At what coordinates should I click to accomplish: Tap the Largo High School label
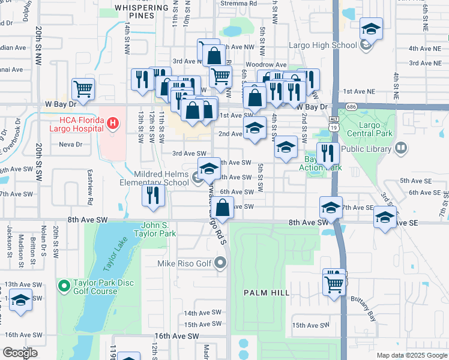pos(323,45)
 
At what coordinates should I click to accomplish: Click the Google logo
pos(20,353)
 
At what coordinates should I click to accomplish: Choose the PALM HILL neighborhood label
pos(267,293)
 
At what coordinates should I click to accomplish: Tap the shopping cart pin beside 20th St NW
pos(83,89)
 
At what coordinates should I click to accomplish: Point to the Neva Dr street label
pos(70,145)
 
